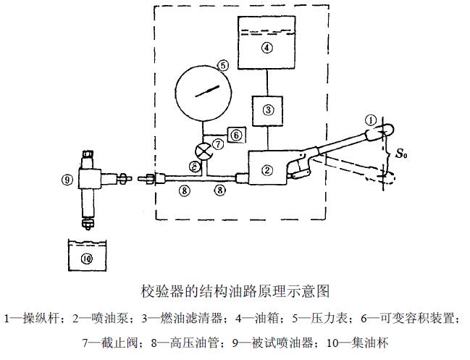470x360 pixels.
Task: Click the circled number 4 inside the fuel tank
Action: [x=267, y=49]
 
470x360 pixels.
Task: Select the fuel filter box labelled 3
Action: [x=268, y=110]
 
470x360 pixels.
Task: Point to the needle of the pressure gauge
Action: [x=206, y=92]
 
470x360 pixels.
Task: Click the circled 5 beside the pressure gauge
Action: [x=224, y=64]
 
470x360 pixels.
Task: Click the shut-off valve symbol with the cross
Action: [x=205, y=151]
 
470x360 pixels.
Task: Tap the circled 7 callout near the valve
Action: [x=218, y=144]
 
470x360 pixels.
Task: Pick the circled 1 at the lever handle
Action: [x=371, y=120]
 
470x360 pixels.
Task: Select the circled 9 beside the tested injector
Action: [x=67, y=179]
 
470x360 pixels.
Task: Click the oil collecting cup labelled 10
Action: [x=87, y=257]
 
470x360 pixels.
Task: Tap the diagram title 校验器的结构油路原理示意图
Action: [x=235, y=292]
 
